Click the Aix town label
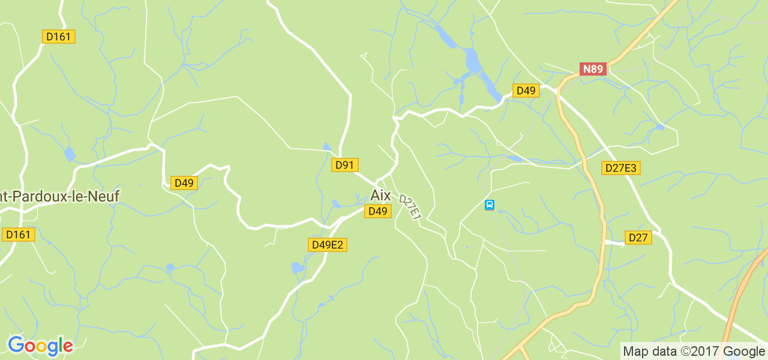tap(380, 196)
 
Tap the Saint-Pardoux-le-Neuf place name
tap(59, 196)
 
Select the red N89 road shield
tap(593, 69)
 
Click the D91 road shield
tap(344, 165)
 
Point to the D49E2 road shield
tap(328, 245)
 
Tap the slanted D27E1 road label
tap(410, 208)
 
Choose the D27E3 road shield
tap(620, 168)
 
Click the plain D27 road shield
tap(638, 238)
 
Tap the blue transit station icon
tap(490, 205)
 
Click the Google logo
tap(40, 346)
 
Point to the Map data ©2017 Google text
tap(694, 351)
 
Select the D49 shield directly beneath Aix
tap(378, 211)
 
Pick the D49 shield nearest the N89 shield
tap(526, 91)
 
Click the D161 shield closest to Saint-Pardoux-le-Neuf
tap(18, 235)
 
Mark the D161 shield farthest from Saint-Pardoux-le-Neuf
tap(58, 37)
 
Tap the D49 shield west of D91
tap(184, 183)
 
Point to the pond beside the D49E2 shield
tap(298, 268)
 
